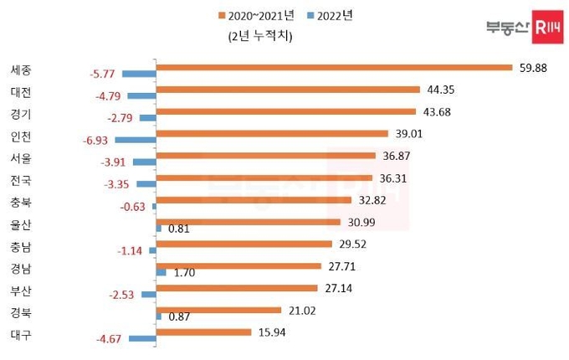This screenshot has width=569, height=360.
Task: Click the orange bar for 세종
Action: point(335,67)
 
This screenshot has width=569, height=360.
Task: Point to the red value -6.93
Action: point(95,140)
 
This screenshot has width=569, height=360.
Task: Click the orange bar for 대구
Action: point(204,332)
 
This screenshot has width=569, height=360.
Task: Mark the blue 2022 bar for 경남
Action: point(161,272)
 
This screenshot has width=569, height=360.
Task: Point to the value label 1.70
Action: point(182,272)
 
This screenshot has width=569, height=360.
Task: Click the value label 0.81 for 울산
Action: point(179,228)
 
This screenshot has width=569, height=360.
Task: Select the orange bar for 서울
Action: point(266,155)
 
